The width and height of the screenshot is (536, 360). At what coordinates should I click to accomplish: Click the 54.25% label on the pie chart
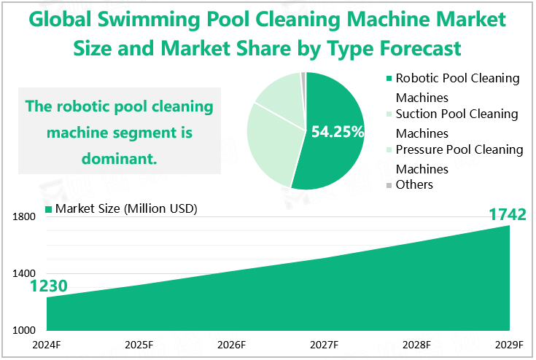(x=337, y=132)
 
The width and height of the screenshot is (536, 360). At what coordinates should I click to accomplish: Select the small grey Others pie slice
(x=303, y=77)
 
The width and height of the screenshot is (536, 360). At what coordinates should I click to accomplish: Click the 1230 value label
(x=49, y=287)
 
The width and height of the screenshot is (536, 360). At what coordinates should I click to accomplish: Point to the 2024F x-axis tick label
(x=46, y=345)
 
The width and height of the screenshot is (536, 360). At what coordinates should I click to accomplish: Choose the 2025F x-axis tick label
(x=139, y=345)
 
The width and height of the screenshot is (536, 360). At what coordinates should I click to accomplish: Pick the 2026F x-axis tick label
(x=231, y=345)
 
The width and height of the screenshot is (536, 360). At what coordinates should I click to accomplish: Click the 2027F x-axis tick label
(x=324, y=345)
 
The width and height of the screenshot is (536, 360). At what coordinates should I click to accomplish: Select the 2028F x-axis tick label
(x=416, y=345)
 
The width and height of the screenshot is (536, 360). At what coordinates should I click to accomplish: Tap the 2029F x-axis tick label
(x=509, y=345)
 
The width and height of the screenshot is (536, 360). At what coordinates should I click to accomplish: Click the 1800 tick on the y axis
(x=24, y=216)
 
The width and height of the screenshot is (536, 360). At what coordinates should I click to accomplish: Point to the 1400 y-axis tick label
(x=24, y=273)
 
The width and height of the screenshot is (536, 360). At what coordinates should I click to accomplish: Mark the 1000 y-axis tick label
(x=24, y=330)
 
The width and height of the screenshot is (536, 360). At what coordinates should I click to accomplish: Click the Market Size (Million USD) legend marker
(x=49, y=209)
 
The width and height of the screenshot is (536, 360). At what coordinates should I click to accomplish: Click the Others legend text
(x=414, y=185)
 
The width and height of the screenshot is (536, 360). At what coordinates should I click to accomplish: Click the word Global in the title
(x=67, y=20)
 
